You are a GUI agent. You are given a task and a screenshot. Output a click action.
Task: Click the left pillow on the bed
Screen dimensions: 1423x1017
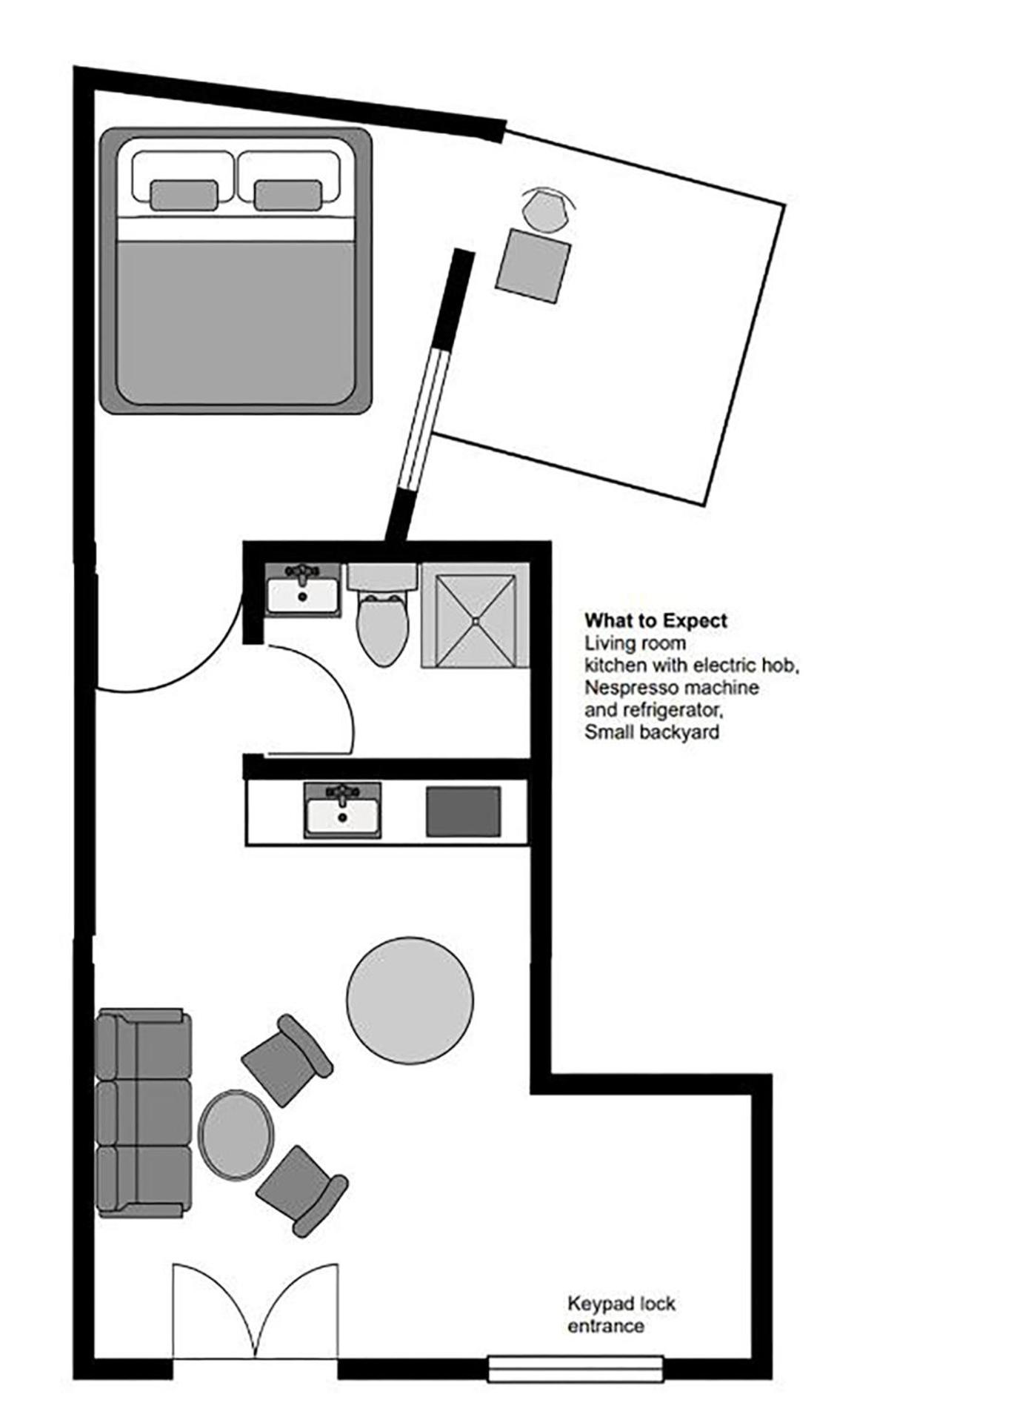tap(184, 196)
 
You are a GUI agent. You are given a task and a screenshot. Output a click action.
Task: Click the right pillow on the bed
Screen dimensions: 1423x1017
tap(287, 196)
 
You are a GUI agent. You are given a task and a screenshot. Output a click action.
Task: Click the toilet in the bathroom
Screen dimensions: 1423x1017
tap(381, 623)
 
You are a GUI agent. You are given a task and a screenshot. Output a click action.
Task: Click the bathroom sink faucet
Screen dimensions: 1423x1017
tap(302, 572)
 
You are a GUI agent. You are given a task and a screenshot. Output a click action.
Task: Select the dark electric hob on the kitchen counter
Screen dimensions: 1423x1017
tap(463, 812)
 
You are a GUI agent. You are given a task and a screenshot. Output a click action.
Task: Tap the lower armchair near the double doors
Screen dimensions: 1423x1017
tap(301, 1190)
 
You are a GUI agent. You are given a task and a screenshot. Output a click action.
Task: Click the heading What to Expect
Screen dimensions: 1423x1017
tap(656, 621)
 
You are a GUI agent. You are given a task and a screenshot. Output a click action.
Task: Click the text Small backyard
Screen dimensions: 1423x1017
tap(651, 732)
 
